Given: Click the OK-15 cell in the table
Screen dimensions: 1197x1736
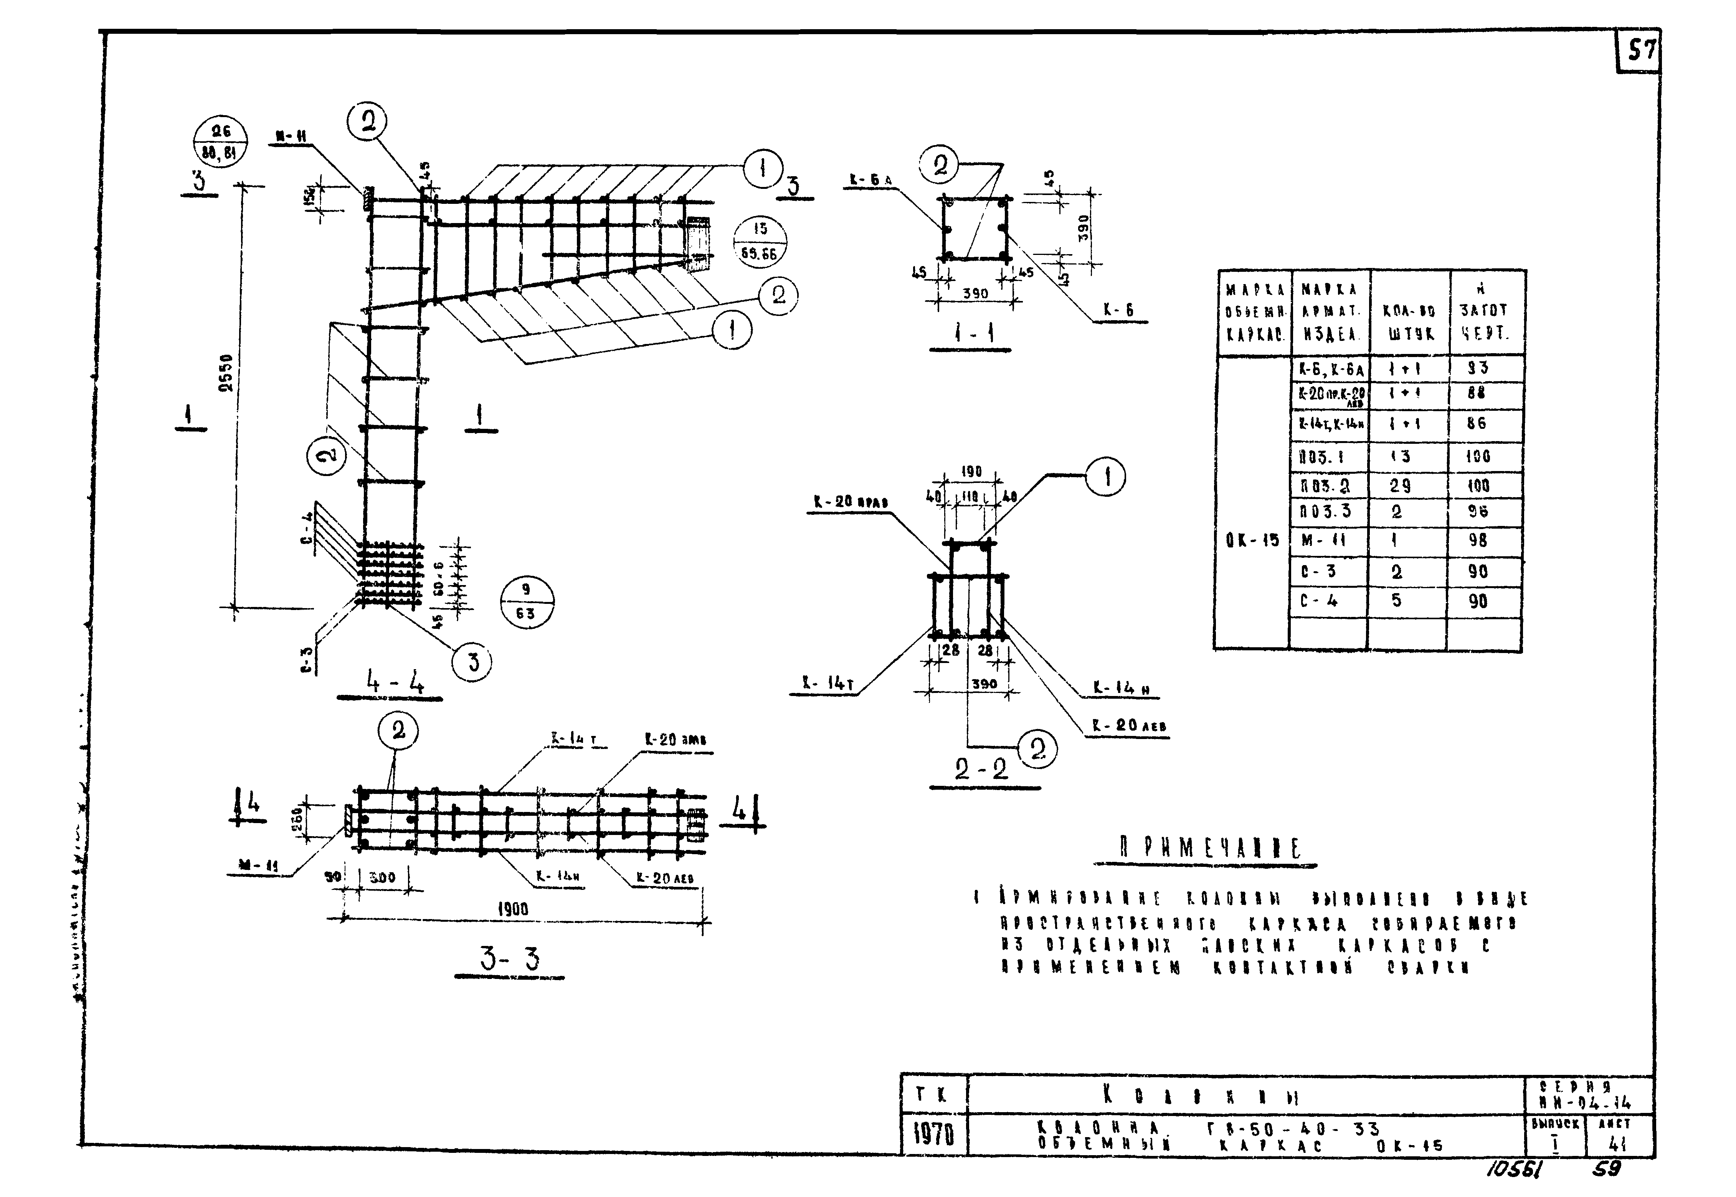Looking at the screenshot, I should point(1252,540).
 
